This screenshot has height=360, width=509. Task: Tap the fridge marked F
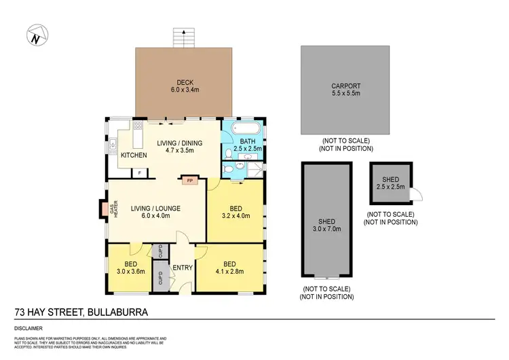point(139,173)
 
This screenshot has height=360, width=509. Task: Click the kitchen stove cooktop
point(137,126)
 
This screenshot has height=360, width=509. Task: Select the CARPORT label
point(345,86)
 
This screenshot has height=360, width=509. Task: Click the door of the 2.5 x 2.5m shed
point(416,196)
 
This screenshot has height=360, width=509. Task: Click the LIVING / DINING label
point(176,143)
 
